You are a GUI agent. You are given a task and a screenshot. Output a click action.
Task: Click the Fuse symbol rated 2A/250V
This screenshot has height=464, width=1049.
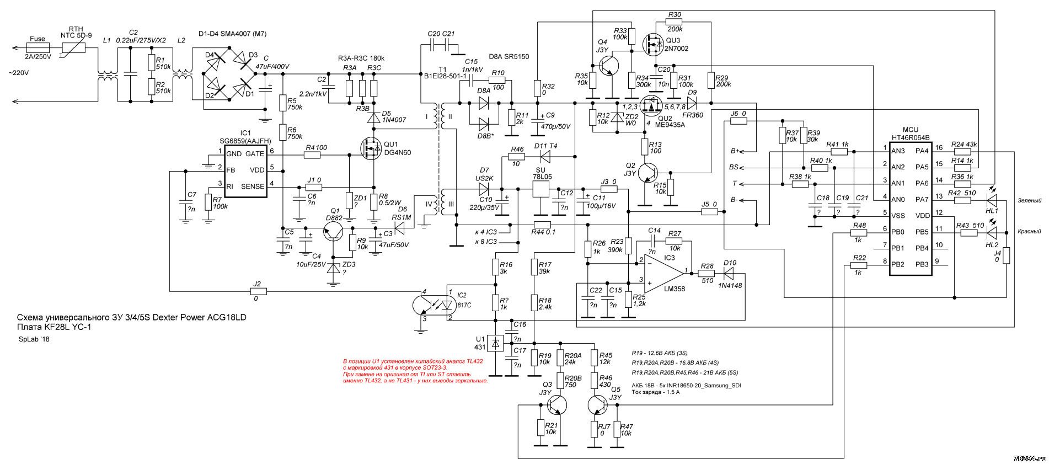(37, 47)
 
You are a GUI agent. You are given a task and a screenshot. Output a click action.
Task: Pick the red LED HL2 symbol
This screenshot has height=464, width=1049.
(992, 232)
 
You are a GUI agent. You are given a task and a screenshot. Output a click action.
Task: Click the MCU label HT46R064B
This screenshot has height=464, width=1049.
(909, 139)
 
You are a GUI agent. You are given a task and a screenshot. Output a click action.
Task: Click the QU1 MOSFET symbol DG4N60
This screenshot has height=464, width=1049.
(370, 148)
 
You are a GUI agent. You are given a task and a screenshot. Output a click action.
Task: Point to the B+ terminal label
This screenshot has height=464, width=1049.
(735, 151)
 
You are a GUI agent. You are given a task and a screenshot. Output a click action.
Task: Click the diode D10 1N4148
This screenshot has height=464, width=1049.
(730, 272)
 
